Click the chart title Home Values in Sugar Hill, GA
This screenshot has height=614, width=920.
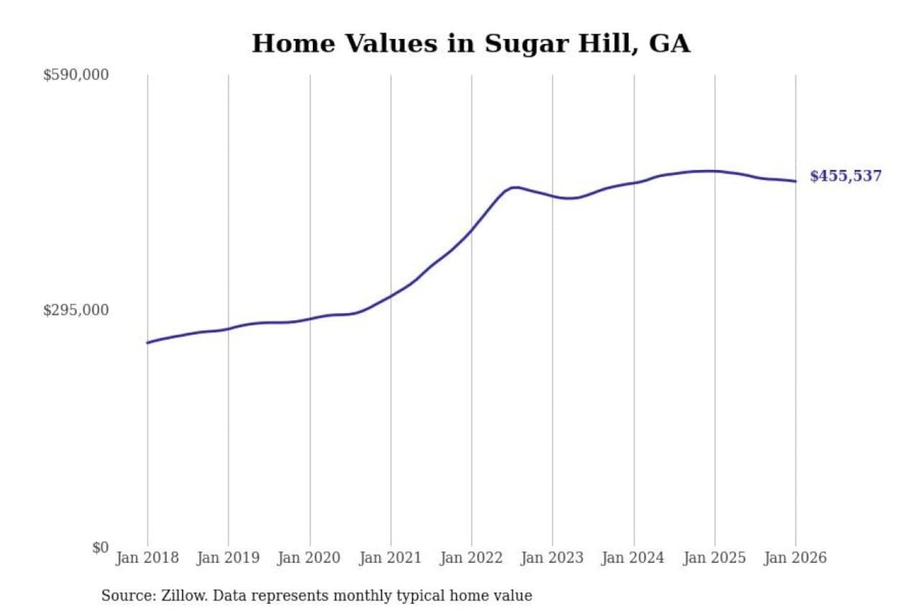(471, 43)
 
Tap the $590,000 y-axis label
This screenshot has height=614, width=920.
(76, 75)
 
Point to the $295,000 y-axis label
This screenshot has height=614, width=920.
(76, 310)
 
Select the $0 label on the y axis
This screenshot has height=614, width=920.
(100, 547)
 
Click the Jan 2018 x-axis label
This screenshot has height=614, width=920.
(147, 558)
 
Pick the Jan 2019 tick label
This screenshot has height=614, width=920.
(228, 558)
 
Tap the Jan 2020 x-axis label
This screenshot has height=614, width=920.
(309, 558)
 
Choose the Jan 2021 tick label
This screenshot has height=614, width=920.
(390, 558)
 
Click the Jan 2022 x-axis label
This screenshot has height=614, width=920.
(471, 558)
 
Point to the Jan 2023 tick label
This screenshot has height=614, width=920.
(552, 558)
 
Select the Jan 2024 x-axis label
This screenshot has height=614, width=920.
(633, 558)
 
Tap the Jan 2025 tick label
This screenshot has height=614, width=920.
(714, 558)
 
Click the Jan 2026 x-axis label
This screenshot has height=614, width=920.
(795, 558)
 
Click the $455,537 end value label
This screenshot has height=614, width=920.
(845, 176)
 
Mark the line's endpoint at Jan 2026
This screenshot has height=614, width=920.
(795, 181)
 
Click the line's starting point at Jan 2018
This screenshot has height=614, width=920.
(148, 343)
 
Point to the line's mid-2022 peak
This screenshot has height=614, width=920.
(515, 187)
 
